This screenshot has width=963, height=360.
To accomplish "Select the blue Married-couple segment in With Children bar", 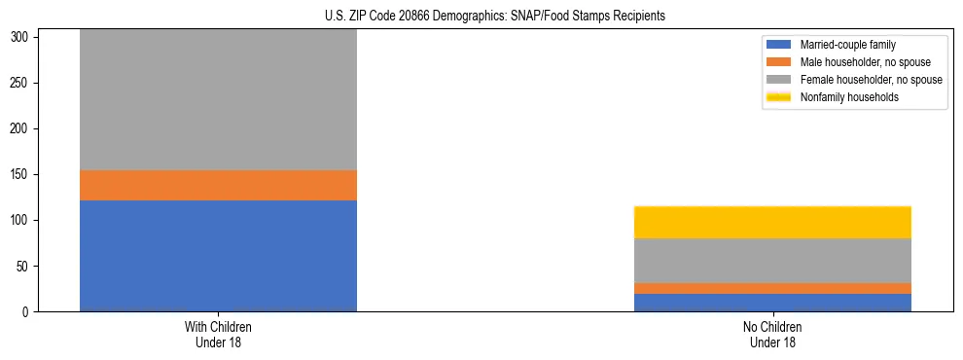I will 218,256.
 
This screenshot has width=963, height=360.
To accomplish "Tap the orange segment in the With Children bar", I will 218,185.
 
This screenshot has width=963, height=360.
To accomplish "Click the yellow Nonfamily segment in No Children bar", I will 772,222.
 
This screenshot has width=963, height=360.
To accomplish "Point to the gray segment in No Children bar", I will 772,261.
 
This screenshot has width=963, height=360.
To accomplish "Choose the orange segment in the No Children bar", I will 772,288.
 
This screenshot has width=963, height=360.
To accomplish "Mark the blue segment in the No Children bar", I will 772,303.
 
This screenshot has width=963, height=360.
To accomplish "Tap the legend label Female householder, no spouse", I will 871,80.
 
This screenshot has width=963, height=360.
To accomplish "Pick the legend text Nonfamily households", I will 848,97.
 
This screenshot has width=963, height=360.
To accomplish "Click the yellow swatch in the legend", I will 779,97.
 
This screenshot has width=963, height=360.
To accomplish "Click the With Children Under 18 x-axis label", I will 218,335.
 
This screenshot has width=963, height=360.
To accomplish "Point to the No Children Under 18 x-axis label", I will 772,335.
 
